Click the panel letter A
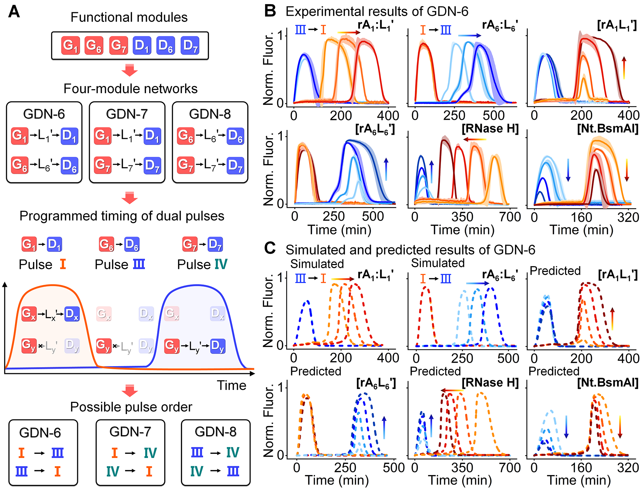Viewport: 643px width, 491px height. click(14, 12)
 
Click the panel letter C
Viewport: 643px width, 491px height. click(270, 248)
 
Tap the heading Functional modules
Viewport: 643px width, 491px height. click(129, 17)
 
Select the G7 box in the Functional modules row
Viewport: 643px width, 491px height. click(119, 46)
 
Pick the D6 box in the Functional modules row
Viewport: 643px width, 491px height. click(166, 46)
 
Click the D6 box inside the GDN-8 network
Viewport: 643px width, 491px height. click(235, 136)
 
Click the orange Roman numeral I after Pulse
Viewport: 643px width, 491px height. click(63, 264)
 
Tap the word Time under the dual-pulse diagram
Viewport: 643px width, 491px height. click(231, 386)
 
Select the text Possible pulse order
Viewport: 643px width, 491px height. click(131, 407)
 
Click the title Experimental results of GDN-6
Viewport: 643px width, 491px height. click(377, 12)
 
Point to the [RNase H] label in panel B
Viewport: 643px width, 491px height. click(490, 129)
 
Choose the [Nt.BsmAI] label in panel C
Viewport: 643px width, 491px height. click(608, 383)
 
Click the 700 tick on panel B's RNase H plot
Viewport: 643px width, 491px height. click(510, 217)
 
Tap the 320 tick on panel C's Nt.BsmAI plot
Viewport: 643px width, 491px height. click(628, 468)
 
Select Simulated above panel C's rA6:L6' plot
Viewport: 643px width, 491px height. click(438, 263)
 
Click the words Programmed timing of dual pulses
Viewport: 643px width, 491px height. click(122, 216)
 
